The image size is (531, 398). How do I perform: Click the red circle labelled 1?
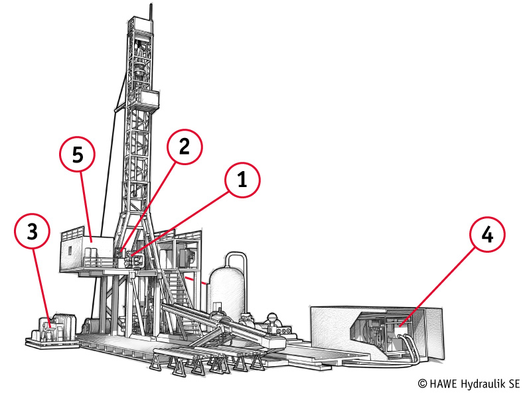(x=242, y=180)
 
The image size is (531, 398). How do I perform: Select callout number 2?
(x=185, y=147)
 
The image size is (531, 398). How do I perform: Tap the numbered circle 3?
(x=32, y=231)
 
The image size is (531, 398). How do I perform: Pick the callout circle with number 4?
(x=487, y=235)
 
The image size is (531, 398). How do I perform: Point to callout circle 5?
(x=78, y=154)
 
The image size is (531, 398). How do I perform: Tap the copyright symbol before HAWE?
(x=422, y=384)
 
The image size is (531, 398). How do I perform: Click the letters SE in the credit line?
(x=514, y=384)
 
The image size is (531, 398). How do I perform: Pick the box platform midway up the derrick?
(x=148, y=98)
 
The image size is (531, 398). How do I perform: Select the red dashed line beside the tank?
(x=196, y=280)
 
